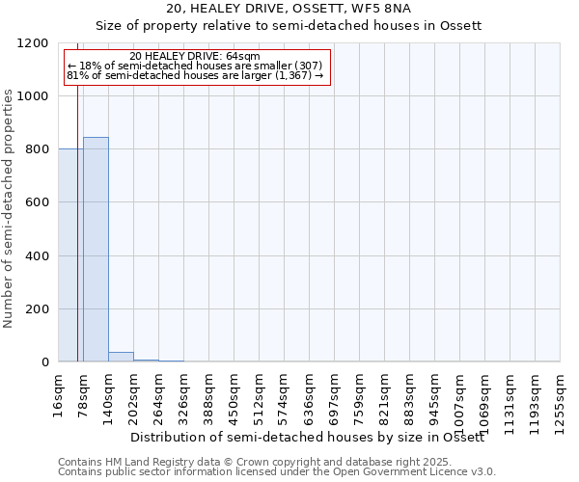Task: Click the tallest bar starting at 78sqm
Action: click(x=96, y=250)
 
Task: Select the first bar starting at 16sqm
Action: click(x=70, y=255)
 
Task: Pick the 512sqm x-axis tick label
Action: click(x=259, y=395)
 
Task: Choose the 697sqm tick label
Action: click(x=334, y=395)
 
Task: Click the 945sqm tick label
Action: click(x=434, y=395)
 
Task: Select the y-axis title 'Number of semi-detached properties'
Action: click(x=9, y=203)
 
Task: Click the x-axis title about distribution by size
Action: click(x=307, y=438)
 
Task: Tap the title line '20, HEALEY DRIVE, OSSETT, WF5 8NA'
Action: click(x=289, y=10)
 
